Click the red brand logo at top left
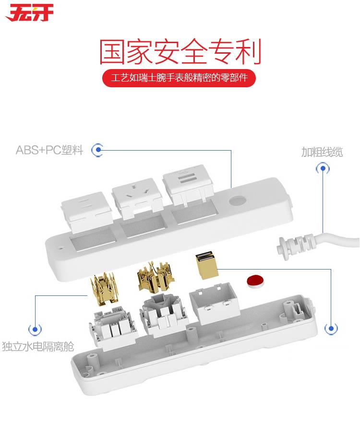(30, 13)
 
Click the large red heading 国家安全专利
(180, 52)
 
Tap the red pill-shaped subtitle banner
(179, 78)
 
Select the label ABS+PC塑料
(49, 150)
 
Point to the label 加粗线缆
(322, 152)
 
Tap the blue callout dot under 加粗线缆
(323, 168)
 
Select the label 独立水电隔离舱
(38, 346)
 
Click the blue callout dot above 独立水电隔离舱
(35, 329)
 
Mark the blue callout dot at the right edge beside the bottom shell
(331, 329)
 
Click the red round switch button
(255, 282)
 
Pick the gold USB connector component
(206, 265)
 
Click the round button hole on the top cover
(237, 201)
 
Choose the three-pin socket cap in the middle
(137, 198)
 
